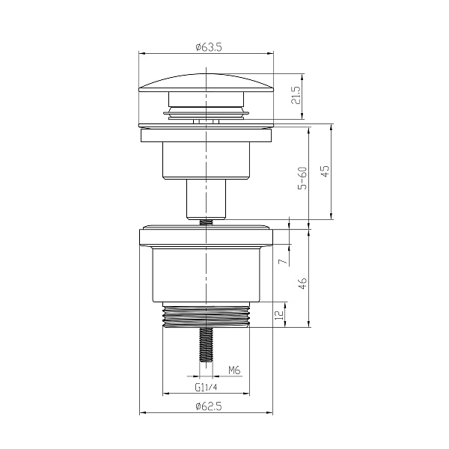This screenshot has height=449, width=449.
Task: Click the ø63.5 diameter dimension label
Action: pos(206,47)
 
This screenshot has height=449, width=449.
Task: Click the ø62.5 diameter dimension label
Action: pos(206,406)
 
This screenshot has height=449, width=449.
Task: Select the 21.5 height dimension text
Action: pos(296,96)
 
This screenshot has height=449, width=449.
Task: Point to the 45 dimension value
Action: pos(325,172)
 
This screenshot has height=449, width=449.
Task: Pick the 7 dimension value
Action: pos(282,261)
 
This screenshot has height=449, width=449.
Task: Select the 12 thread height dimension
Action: pos(279,315)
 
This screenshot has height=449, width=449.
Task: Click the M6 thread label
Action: pos(233,370)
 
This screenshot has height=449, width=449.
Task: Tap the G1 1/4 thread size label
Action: pos(205,388)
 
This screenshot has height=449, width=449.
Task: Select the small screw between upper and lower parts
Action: pos(206,221)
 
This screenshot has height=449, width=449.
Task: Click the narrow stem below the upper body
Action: pos(206,198)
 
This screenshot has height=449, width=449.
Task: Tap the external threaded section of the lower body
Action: pos(206,316)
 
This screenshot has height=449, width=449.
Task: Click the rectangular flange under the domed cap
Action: pos(206,135)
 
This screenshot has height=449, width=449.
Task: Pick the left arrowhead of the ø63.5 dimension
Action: pos(143,52)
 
